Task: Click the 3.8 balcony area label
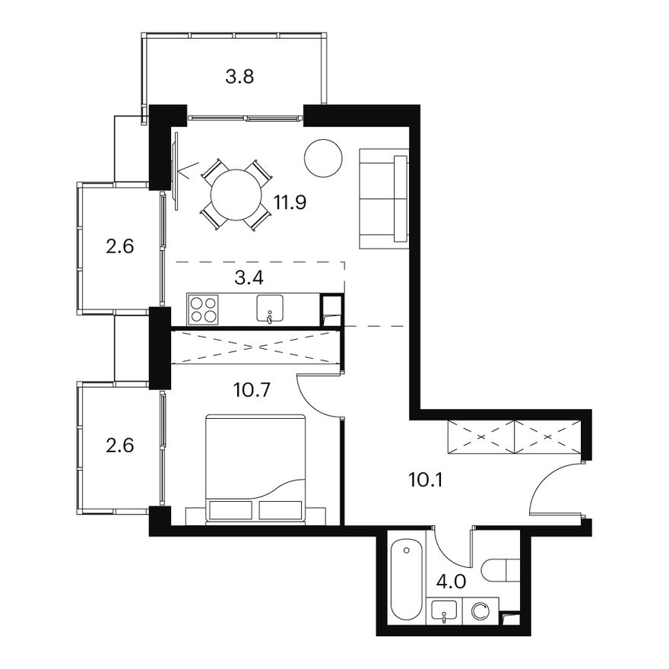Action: tap(239, 78)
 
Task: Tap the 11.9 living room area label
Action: tap(290, 202)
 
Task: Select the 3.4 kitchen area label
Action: tap(249, 277)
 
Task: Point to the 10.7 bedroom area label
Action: tap(252, 389)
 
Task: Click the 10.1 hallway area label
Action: tap(426, 480)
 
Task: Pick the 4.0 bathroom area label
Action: tap(452, 582)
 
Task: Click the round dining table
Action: tap(236, 195)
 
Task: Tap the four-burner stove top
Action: tap(203, 309)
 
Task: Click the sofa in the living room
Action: tap(384, 198)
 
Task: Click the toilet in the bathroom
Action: tap(500, 570)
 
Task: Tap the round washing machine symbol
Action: tap(480, 611)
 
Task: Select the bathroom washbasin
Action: tap(444, 611)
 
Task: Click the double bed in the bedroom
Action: tap(255, 468)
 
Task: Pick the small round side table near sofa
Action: tap(323, 158)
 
